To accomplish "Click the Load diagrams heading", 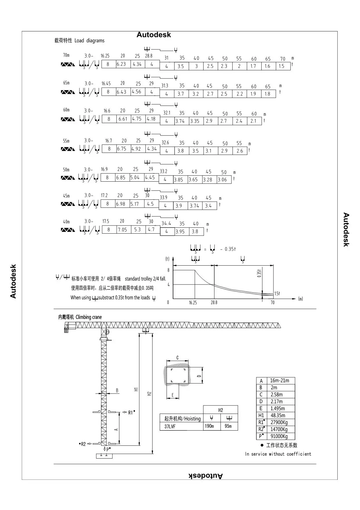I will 79,41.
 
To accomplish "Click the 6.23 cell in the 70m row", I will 121,64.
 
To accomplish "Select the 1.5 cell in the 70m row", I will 281,66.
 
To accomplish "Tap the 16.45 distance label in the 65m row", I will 106,84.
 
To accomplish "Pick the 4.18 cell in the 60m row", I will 151,119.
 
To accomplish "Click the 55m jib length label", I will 66,141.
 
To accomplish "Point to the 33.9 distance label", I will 163,198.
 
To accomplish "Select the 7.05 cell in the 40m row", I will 122,230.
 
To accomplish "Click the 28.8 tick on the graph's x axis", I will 214,303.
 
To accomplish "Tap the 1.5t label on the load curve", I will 277,294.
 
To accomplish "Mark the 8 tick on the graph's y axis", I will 168,270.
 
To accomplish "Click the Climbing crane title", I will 80,317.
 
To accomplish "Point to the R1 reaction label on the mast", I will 131,412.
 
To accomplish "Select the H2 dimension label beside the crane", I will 149,394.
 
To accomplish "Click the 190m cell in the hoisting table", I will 209,426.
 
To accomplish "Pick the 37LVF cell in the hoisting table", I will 170,427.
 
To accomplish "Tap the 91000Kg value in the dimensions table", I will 279,436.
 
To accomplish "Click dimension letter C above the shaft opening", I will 177,358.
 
